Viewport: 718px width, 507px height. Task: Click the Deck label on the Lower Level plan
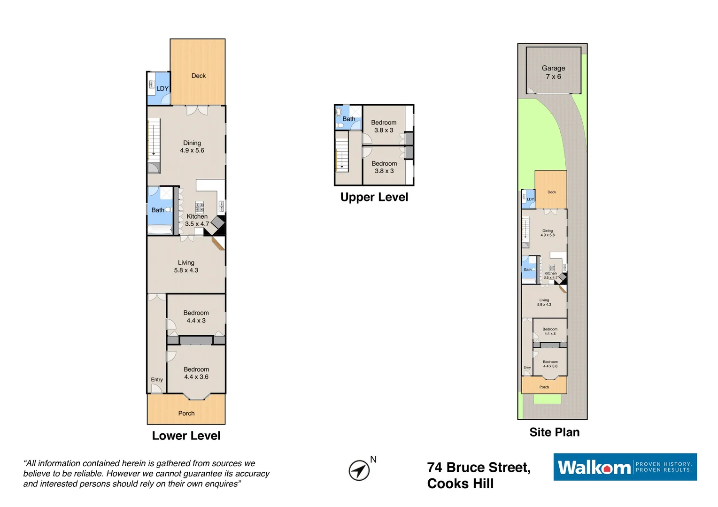coord(198,76)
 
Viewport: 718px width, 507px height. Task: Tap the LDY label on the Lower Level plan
coord(162,88)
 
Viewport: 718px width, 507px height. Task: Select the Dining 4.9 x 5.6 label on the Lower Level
coord(192,146)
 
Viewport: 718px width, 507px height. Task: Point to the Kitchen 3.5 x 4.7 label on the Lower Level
coord(197,220)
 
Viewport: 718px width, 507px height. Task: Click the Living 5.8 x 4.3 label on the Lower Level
coord(186,266)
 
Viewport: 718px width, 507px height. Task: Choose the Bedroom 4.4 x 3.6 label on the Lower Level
coord(196,373)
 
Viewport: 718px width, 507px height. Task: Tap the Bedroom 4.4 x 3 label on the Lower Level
coord(196,316)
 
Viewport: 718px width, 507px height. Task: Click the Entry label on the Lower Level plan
coord(157,380)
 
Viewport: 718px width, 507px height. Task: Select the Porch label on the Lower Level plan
coord(186,414)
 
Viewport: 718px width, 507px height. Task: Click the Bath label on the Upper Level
coord(349,119)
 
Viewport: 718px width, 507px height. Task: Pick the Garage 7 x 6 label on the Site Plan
coord(553,72)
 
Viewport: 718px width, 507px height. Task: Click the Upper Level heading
coord(374,197)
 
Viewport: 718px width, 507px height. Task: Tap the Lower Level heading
coord(186,436)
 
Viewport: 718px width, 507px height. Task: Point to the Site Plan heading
coord(554,432)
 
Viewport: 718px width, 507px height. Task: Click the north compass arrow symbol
coord(359,470)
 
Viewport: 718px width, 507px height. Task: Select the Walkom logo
coord(625,467)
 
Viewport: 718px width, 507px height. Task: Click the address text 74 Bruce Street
coord(479,468)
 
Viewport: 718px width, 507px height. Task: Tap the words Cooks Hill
coord(460,484)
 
